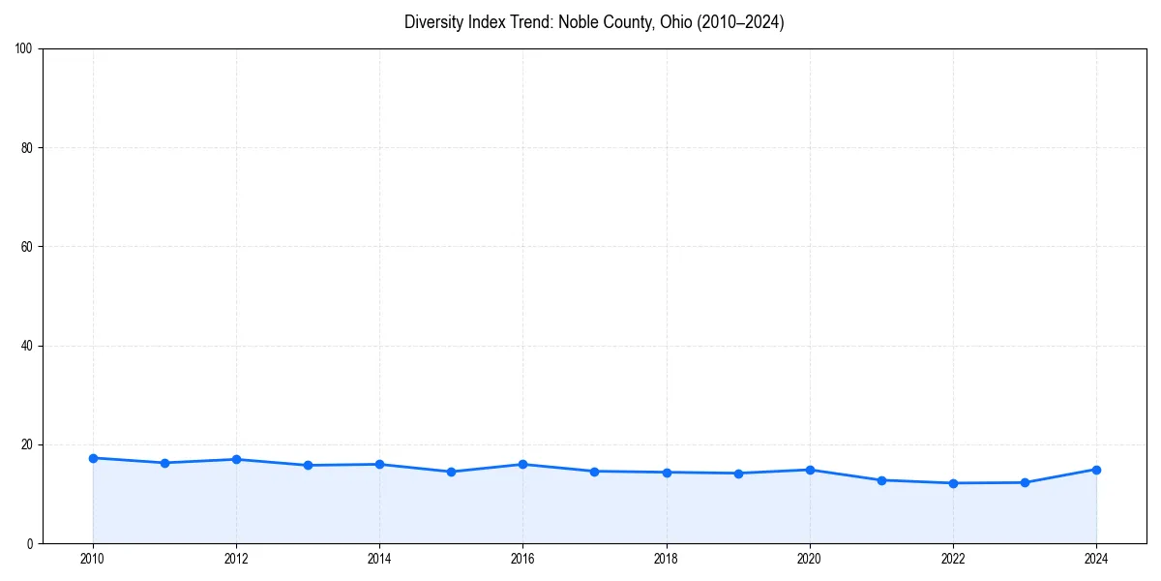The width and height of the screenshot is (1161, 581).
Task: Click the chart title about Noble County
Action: pos(594,22)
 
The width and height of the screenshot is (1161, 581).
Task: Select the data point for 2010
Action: pos(93,458)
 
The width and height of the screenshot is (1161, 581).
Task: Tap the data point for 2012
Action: pos(236,459)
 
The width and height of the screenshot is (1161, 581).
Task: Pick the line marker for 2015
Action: pos(451,472)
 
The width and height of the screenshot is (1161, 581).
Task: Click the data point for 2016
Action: pos(522,464)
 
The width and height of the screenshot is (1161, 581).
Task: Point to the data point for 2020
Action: pos(810,470)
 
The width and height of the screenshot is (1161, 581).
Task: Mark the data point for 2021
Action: pos(881,480)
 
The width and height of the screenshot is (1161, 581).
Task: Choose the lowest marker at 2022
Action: pos(953,483)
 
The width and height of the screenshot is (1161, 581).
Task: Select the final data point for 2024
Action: pos(1096,470)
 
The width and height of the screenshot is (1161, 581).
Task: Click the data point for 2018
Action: pos(667,473)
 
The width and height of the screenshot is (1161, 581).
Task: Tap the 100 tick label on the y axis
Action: pos(24,48)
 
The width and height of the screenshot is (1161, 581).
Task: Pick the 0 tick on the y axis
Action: pos(30,543)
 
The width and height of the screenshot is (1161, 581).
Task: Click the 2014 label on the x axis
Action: pos(379,559)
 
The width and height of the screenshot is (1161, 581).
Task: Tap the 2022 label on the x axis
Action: pos(953,559)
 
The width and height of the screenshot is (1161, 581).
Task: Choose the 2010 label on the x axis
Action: pos(93,559)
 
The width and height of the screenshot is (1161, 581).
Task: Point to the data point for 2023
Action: pos(1025,482)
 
